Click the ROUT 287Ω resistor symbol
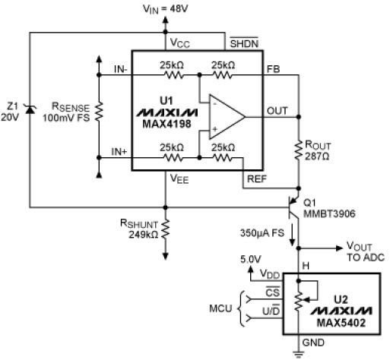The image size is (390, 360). [298, 151]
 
